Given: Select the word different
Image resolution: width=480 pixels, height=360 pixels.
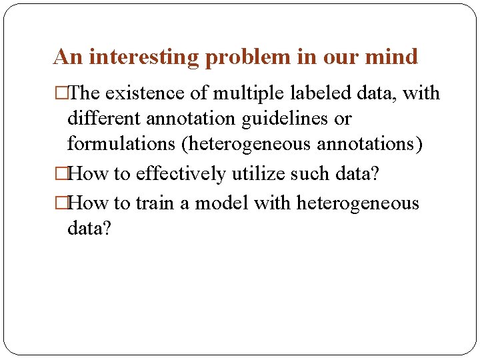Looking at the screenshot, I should (103, 119).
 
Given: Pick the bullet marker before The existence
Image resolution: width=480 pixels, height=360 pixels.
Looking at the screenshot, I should (61, 93).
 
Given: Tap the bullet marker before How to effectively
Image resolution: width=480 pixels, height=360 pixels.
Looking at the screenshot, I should (61, 174).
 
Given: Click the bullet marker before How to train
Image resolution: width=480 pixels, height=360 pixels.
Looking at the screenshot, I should (61, 203).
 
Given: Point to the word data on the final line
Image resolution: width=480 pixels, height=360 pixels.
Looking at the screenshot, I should (89, 229).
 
